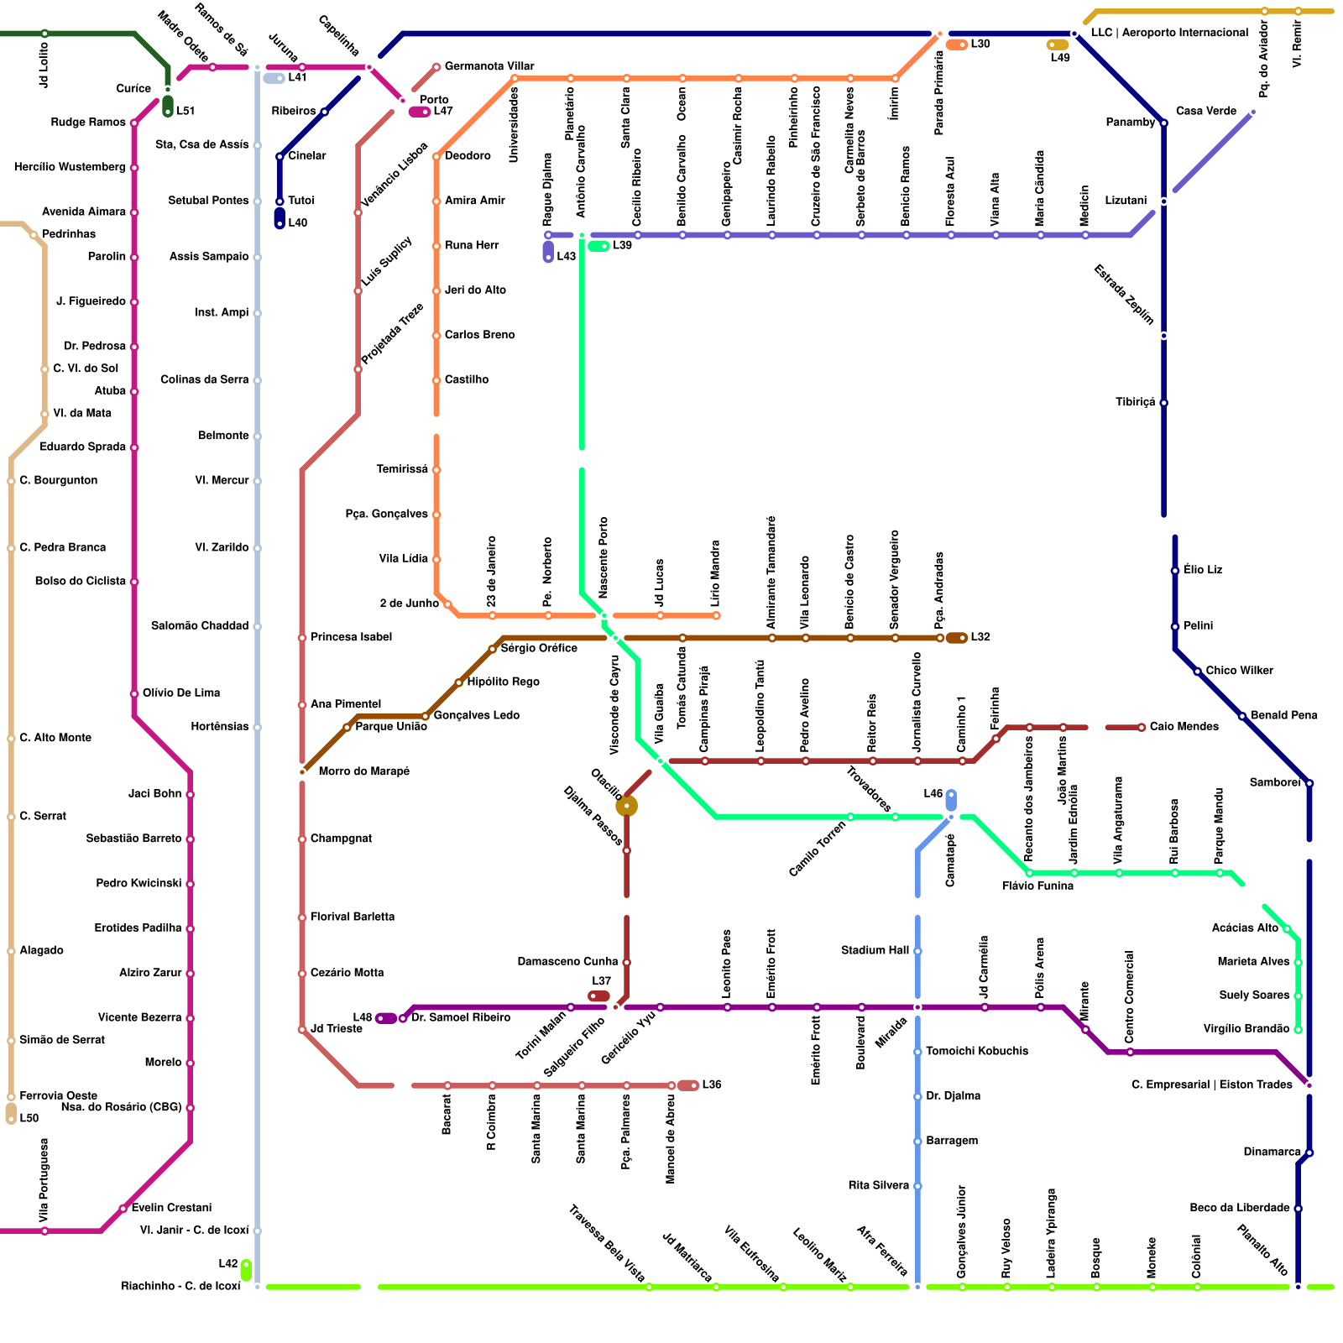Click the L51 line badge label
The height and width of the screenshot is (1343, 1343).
click(186, 111)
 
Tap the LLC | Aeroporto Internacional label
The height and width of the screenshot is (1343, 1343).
click(1169, 33)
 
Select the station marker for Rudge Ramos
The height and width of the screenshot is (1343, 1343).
click(134, 123)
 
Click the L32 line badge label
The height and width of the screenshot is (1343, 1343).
click(980, 637)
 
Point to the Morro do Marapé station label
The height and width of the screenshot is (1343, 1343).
click(364, 771)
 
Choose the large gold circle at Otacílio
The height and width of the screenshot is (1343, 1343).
click(626, 807)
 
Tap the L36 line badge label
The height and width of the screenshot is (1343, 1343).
click(712, 1084)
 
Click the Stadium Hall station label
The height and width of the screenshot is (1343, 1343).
click(875, 950)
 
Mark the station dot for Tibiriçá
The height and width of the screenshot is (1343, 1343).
click(1163, 403)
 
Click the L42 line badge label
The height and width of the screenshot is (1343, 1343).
click(228, 1264)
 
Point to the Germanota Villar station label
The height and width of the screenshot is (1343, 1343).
click(489, 66)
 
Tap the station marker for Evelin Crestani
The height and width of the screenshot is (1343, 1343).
click(123, 1209)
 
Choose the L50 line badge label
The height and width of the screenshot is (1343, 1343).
click(29, 1118)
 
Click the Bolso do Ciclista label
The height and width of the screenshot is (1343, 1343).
click(81, 581)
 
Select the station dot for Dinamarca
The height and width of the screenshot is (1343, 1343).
click(1309, 1152)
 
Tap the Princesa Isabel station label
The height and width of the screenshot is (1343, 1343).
click(351, 637)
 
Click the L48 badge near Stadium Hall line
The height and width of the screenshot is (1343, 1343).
click(933, 794)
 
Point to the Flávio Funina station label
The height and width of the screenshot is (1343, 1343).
click(1037, 886)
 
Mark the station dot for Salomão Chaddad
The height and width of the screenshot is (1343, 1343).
click(257, 626)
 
